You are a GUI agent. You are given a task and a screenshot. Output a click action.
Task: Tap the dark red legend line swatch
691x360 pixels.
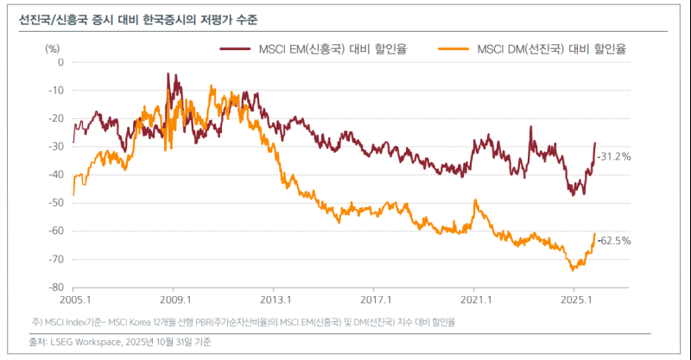(237, 49)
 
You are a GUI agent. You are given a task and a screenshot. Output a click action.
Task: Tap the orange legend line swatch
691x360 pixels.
(454, 49)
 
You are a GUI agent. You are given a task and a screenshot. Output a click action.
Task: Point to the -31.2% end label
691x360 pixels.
(614, 157)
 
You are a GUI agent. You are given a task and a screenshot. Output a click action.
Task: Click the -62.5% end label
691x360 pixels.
(614, 241)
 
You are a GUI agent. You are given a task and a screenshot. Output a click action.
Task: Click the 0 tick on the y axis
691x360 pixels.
(60, 62)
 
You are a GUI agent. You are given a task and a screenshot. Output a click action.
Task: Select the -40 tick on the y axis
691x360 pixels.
(56, 174)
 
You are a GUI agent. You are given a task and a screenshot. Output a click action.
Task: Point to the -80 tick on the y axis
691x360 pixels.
(56, 287)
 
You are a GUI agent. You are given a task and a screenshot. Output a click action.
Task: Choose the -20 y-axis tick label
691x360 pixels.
(56, 118)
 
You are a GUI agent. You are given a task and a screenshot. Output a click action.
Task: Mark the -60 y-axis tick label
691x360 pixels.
(56, 231)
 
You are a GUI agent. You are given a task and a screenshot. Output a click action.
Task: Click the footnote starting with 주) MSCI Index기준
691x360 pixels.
(242, 322)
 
